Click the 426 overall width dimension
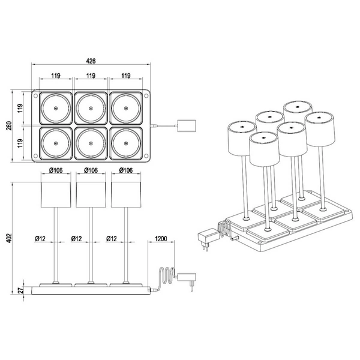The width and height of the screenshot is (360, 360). [x=91, y=61]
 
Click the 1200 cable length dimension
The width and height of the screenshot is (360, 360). [x=161, y=238]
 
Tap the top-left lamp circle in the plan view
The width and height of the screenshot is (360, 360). [x=55, y=109]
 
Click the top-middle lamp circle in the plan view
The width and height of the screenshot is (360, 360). [x=91, y=109]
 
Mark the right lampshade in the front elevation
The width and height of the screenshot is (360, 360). [x=126, y=194]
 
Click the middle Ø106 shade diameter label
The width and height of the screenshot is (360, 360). [x=91, y=170]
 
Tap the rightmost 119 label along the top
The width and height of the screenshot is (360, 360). [x=126, y=76]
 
